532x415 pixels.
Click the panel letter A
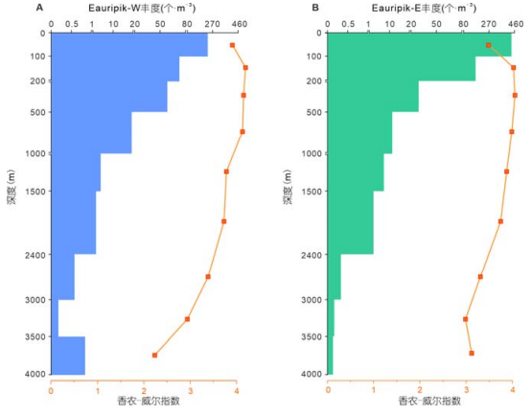click(39, 8)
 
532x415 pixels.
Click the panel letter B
click(315, 8)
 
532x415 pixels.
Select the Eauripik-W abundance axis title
click(142, 8)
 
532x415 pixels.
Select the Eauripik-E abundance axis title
click(424, 8)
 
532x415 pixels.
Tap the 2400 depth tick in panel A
click(35, 255)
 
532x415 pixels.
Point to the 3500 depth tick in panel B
click(312, 336)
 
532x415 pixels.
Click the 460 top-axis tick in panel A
click(240, 24)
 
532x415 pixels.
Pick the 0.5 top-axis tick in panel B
click(348, 24)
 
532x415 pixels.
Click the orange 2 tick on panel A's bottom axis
click(144, 391)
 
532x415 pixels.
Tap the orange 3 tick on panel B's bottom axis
click(467, 390)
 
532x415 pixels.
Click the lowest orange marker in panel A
click(154, 356)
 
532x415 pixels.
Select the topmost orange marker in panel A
click(232, 45)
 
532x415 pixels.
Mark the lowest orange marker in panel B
click(472, 354)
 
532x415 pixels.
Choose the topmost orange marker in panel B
click(488, 45)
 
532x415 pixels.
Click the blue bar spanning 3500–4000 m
click(68, 356)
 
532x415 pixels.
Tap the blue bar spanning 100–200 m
click(115, 69)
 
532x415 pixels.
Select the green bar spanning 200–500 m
click(373, 97)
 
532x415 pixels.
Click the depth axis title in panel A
click(12, 187)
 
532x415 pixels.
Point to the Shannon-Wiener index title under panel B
click(429, 401)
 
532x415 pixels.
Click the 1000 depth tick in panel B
click(312, 153)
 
